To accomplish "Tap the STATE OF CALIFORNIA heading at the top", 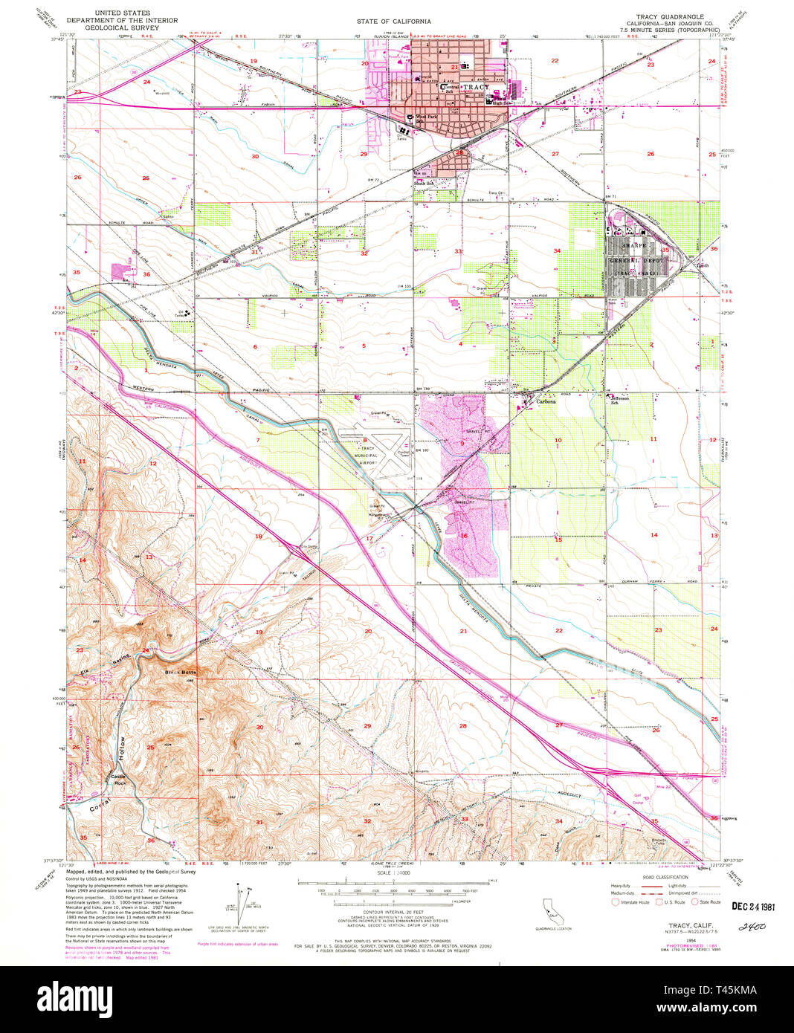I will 393,22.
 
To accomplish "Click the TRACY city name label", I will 476,87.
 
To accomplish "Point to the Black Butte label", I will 180,672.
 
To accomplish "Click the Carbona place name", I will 547,402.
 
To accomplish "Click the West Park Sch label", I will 427,118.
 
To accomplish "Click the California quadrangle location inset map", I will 550,907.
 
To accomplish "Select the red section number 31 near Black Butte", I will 259,822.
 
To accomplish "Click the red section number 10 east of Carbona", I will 558,440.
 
